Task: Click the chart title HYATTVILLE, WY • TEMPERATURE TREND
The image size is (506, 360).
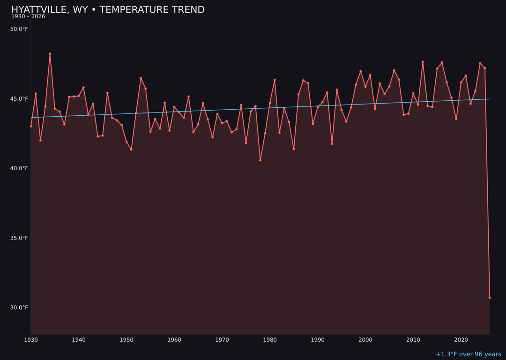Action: [108, 10]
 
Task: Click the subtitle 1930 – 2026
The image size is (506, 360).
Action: [28, 17]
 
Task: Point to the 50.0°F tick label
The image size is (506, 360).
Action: [19, 29]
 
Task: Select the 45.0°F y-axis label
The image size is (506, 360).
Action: [19, 99]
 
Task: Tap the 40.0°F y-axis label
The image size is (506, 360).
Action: [19, 168]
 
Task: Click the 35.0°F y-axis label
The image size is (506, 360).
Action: [19, 238]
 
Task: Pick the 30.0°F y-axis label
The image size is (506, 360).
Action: [19, 307]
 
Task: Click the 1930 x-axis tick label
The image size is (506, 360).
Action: [31, 340]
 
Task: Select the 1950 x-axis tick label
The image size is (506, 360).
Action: [126, 340]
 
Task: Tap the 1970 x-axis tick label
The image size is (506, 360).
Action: [222, 340]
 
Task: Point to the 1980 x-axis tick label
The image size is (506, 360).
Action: [270, 340]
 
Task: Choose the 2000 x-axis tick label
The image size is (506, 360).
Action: [365, 340]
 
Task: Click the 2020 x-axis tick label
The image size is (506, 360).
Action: [461, 340]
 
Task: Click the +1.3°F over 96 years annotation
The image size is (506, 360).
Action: [468, 354]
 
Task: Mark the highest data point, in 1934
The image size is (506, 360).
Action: [50, 54]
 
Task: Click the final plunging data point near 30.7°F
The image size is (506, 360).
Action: [490, 298]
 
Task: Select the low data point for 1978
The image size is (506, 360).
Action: [260, 160]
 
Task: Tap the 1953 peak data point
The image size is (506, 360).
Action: [141, 78]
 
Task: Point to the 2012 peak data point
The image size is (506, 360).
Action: [423, 62]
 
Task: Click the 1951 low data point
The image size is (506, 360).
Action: [131, 150]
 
